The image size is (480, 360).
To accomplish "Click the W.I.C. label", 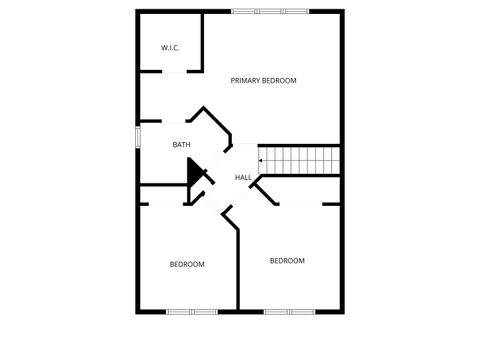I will click(x=170, y=47).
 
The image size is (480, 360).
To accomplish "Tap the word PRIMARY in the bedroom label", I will click(x=246, y=80).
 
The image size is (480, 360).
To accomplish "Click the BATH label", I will click(x=181, y=145).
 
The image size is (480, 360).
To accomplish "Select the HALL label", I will click(x=243, y=178).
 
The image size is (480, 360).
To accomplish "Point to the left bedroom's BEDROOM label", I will click(x=187, y=264).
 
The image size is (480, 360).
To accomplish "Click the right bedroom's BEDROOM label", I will click(x=287, y=260).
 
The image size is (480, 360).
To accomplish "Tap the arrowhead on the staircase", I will click(x=261, y=159).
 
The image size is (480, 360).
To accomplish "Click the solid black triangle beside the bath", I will click(x=196, y=173).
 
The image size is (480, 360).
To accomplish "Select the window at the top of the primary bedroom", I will click(x=270, y=11).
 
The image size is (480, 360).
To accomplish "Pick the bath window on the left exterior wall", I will click(x=138, y=136).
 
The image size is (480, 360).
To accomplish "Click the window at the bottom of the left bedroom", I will click(x=192, y=312).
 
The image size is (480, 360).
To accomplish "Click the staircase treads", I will click(x=301, y=159).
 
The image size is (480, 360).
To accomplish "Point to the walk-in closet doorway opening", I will click(x=172, y=71).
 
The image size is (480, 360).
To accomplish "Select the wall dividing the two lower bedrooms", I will click(x=237, y=270).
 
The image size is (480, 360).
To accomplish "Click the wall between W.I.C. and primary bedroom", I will click(x=204, y=40).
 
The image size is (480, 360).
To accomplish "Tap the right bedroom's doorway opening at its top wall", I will click(x=300, y=204).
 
